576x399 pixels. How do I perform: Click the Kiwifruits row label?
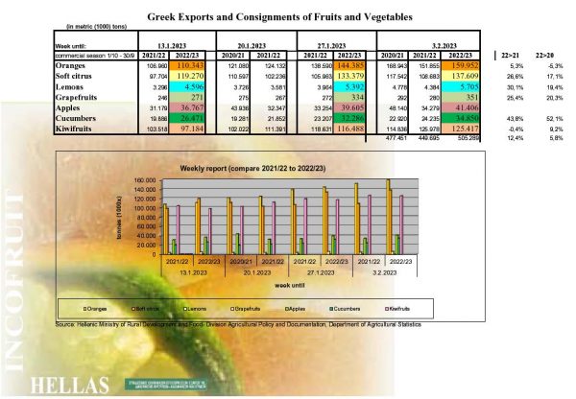tap(78, 128)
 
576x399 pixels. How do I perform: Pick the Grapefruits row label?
tap(78, 97)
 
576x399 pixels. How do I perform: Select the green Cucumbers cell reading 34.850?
tap(468, 117)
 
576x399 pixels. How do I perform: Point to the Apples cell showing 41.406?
tap(468, 107)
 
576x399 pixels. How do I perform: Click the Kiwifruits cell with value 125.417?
tap(468, 128)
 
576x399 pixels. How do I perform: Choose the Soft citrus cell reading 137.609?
tap(468, 76)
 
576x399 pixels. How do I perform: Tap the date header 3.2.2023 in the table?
tap(448, 45)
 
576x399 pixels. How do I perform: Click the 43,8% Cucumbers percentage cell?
tap(512, 117)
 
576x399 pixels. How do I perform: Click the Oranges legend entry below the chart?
tap(98, 309)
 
